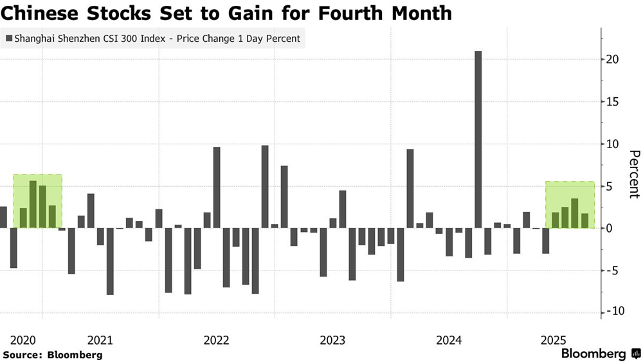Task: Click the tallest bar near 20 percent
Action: pyautogui.click(x=478, y=139)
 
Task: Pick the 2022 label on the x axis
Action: pyautogui.click(x=217, y=339)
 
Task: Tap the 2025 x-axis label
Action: pyautogui.click(x=553, y=339)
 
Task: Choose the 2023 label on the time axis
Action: pyautogui.click(x=333, y=339)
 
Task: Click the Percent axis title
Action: pyautogui.click(x=634, y=174)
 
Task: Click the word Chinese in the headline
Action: pyautogui.click(x=39, y=13)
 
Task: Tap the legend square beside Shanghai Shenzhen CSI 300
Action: pyautogui.click(x=8, y=39)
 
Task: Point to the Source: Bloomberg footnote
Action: pyautogui.click(x=53, y=355)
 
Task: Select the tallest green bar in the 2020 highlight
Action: pyautogui.click(x=33, y=204)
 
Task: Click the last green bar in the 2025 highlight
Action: pyautogui.click(x=584, y=221)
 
